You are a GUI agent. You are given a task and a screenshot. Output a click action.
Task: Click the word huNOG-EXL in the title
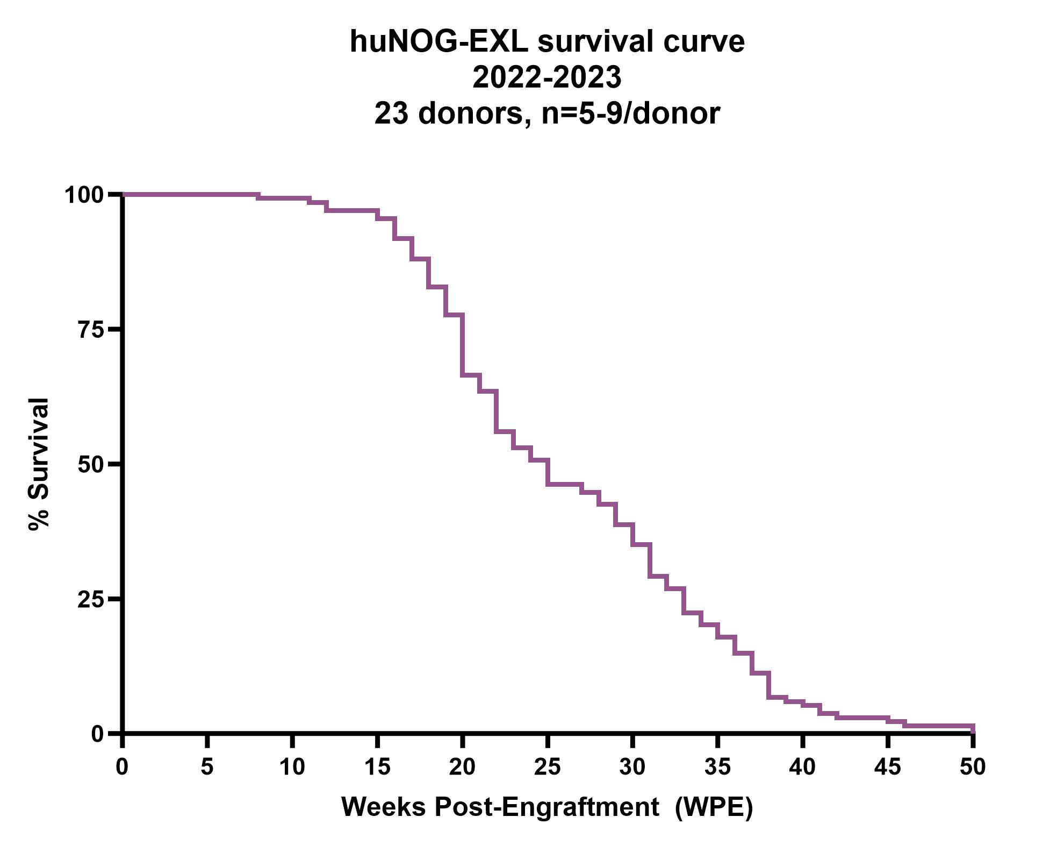pos(439,42)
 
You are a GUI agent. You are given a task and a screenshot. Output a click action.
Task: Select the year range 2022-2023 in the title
pos(546,77)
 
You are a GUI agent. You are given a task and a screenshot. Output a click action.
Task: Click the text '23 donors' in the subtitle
pos(448,113)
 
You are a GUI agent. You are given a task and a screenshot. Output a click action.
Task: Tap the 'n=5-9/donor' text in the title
pos(630,113)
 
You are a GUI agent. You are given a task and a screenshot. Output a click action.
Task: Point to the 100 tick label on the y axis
pos(84,195)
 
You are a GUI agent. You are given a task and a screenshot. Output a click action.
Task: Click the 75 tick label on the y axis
pos(91,330)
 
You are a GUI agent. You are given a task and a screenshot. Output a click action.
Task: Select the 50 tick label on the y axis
pos(91,465)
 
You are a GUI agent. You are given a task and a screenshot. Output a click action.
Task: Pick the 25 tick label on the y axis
pos(91,599)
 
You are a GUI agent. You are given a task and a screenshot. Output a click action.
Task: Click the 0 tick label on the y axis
pos(97,734)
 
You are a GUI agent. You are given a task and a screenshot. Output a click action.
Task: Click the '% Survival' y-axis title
pos(39,465)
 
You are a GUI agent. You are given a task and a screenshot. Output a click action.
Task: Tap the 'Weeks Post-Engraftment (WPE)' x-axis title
pos(546,807)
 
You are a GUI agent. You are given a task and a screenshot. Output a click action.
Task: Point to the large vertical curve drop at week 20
pos(462,344)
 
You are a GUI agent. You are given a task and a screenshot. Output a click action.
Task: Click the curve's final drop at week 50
pos(973,729)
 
